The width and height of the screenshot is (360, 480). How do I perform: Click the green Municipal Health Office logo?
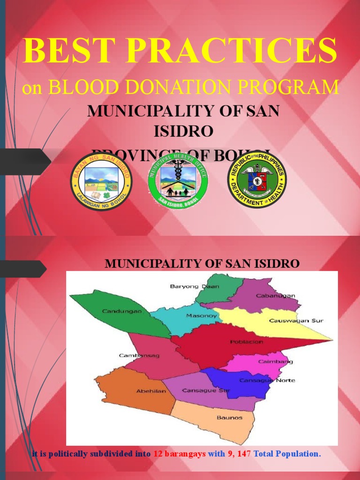tap(178, 181)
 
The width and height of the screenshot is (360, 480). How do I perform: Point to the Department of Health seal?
tap(257, 181)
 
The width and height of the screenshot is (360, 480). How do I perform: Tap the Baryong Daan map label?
tap(188, 286)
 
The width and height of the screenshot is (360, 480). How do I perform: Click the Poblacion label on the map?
tap(247, 342)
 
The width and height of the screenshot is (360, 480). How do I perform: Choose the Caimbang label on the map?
tap(276, 361)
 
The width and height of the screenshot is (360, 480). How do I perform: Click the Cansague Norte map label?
tap(267, 380)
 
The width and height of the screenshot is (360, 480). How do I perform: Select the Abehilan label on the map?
tap(151, 391)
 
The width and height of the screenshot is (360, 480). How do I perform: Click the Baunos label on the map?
tap(229, 417)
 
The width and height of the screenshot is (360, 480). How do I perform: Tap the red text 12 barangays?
tap(179, 454)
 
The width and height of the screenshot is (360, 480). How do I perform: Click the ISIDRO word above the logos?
tap(183, 131)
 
